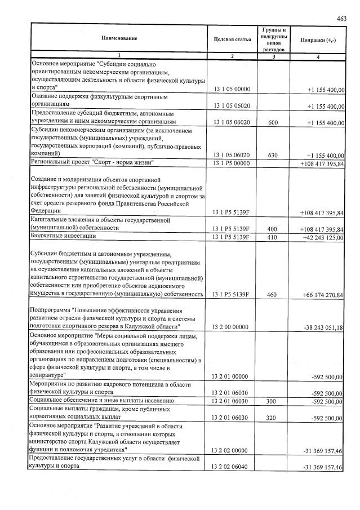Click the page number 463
342,19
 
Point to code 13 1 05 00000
232,90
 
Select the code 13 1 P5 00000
232,163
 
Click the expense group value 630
274,156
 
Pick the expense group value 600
274,122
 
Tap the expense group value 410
274,237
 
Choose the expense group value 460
274,295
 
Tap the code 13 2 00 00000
232,327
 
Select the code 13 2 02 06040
232,468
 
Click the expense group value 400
274,229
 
